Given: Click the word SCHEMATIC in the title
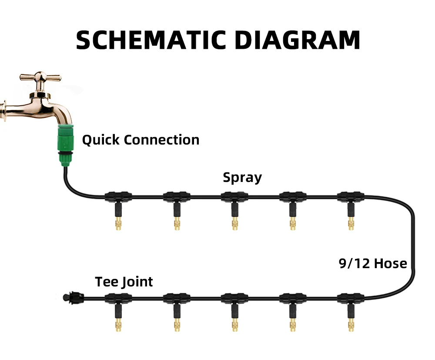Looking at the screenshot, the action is coord(148,40).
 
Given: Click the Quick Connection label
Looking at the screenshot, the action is coord(141,140).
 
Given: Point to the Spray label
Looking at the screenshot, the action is coord(242,178).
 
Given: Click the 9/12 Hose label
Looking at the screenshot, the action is coord(373,263).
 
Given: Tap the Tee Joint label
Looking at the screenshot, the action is coord(124,282).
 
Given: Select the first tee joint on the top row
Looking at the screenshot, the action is coord(118,197).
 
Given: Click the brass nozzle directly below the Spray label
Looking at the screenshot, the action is coord(235,224).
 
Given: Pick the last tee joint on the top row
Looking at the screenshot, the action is coord(350,197).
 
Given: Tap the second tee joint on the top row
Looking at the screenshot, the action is coord(176,197).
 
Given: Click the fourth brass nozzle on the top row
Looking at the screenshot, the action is coord(292,224).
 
